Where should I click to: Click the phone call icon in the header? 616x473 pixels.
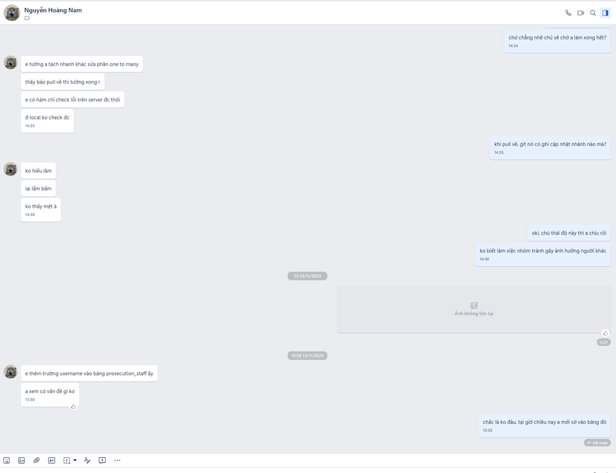[x=568, y=13]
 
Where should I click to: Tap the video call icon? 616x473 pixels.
[x=580, y=13]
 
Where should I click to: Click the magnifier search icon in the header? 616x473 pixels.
[x=593, y=13]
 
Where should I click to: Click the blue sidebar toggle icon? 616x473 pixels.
[x=605, y=13]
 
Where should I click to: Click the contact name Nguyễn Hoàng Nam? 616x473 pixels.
[x=53, y=11]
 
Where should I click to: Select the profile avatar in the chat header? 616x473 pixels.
[x=12, y=13]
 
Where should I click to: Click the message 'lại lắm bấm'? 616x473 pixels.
[x=38, y=189]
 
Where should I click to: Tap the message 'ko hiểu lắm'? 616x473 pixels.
[x=38, y=171]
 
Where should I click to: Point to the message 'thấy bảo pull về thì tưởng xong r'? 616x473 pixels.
[x=62, y=82]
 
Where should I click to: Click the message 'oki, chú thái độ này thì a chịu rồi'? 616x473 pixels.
[x=569, y=233]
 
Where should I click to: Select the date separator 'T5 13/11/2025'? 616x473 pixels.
[x=307, y=276]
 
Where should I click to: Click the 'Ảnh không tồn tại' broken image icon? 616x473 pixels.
[x=474, y=305]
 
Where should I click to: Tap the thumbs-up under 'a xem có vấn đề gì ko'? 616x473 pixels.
[x=73, y=407]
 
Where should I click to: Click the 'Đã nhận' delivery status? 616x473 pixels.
[x=598, y=443]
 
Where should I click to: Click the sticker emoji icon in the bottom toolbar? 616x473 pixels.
[x=7, y=461]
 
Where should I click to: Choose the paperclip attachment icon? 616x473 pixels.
[x=37, y=461]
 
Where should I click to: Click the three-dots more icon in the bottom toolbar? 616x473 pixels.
[x=117, y=461]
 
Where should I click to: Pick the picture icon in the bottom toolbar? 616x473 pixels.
[x=22, y=461]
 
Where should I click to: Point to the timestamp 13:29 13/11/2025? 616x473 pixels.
[x=307, y=355]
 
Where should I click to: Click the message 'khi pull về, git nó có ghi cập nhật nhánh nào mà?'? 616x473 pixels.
[x=550, y=145]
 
